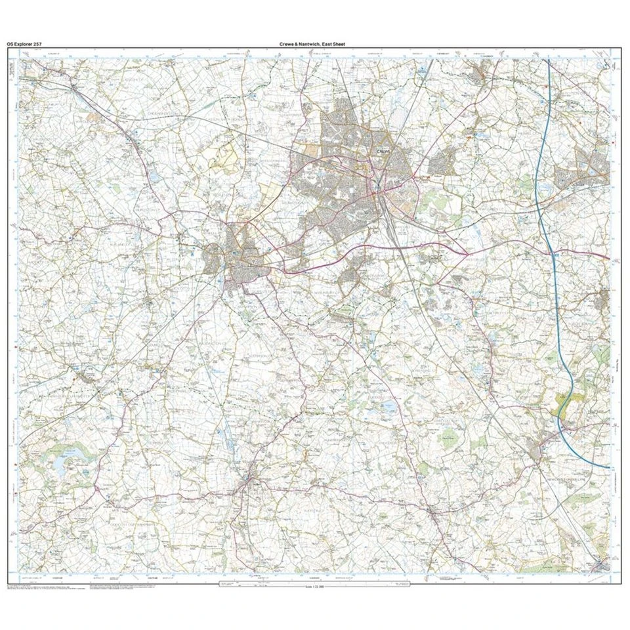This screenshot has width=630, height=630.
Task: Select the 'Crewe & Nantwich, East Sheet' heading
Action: pos(312,44)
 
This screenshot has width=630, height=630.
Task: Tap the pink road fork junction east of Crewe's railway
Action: pos(415,176)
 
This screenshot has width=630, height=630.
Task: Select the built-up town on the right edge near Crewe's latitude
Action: pos(591,164)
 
